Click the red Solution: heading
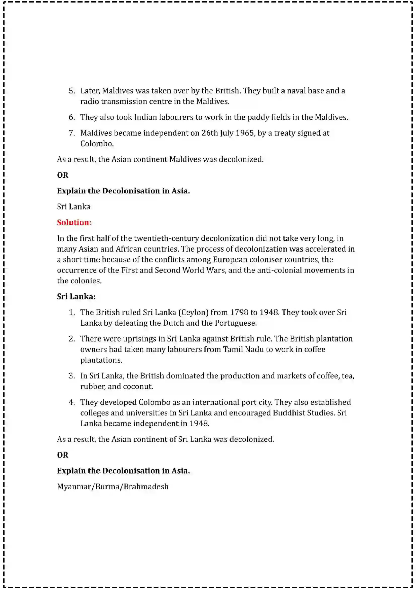pos(74,222)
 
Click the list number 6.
pos(72,117)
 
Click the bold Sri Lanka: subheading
pos(76,297)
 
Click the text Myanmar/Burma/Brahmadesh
pos(113,487)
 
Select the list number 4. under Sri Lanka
pos(72,402)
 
